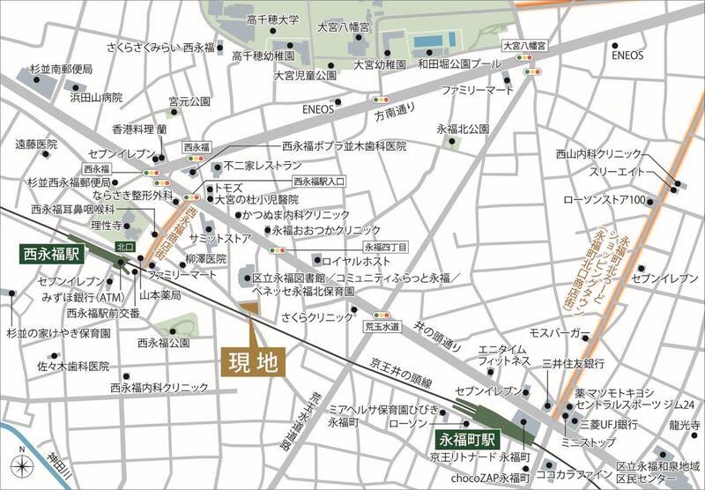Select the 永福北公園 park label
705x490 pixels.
point(462,129)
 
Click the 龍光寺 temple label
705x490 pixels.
point(684,424)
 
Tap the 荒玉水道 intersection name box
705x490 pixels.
point(382,326)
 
